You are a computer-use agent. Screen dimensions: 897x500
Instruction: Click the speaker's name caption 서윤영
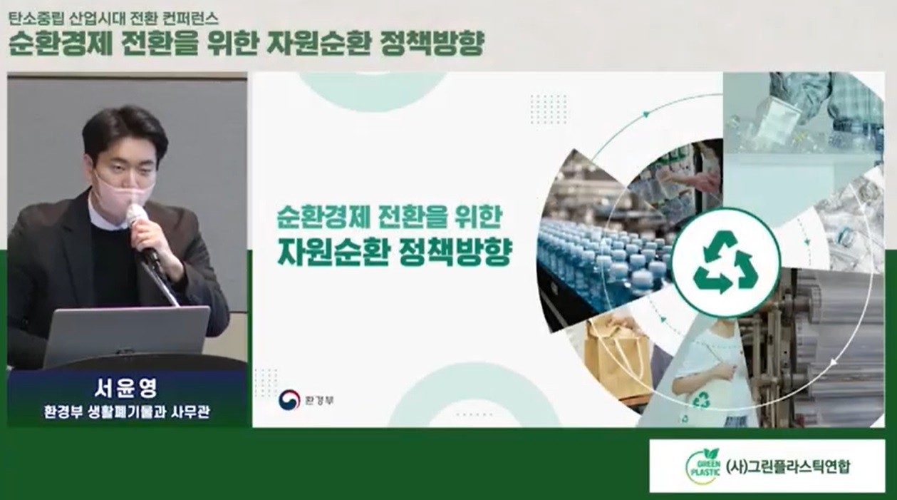127,388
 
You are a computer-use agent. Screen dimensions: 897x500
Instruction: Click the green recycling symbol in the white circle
725,262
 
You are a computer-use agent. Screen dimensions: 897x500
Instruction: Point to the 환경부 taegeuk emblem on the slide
289,399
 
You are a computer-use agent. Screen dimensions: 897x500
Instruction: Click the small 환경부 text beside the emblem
318,400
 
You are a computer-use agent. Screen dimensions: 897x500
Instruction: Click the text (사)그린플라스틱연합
787,466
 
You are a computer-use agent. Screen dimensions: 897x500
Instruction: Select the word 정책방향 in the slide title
456,252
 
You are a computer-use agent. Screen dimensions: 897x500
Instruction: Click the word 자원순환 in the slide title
333,252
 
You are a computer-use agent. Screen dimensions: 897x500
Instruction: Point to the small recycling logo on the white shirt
701,399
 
